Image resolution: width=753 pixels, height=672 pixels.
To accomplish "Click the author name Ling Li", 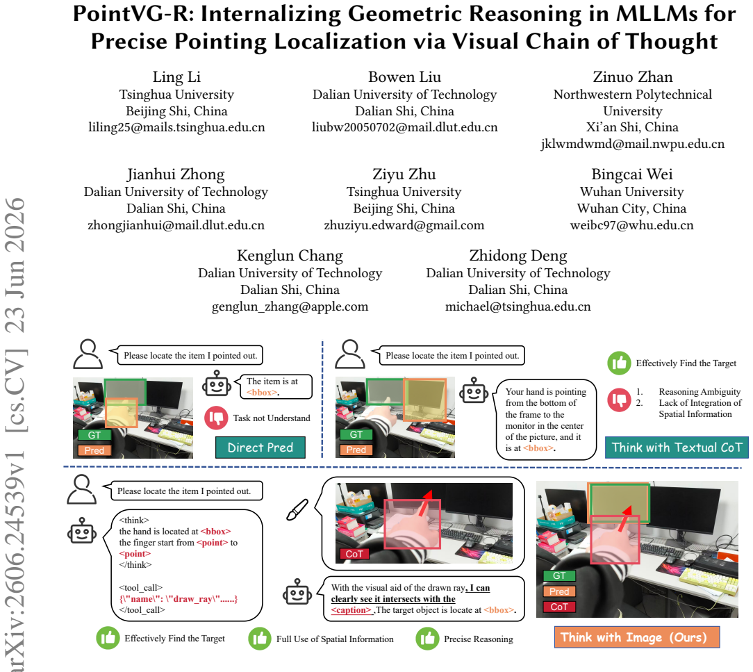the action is [176, 77].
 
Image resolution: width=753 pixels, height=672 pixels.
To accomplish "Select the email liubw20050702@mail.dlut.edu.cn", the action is [404, 127].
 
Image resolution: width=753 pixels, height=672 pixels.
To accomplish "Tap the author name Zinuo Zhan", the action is [632, 77].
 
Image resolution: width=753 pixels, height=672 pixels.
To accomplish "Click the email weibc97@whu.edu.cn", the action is [631, 225].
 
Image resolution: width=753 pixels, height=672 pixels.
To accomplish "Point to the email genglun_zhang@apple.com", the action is [290, 306].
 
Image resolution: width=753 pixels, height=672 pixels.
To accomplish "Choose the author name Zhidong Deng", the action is [518, 256].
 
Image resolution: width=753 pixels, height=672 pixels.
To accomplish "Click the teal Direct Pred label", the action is [260, 448].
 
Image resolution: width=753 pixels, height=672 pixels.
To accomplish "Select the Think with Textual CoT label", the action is [677, 448].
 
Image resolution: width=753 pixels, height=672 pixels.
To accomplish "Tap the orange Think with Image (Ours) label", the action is [637, 637].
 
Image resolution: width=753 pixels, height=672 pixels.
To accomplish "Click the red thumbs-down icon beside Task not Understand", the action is [216, 418].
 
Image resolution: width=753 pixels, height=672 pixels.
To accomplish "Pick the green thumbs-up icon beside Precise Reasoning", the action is [427, 639].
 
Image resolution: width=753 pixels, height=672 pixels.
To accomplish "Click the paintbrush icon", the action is [297, 509].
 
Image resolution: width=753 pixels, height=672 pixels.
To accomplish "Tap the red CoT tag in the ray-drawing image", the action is [354, 554].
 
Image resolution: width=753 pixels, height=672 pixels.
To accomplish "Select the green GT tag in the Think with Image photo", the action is [559, 575].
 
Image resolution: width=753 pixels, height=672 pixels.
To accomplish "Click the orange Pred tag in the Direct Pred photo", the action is [94, 450].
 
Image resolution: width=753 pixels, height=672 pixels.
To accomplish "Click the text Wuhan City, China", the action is [631, 208].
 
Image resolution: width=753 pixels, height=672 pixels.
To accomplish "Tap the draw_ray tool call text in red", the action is [178, 599].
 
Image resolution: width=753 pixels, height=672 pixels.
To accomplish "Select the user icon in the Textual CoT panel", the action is [349, 354].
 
